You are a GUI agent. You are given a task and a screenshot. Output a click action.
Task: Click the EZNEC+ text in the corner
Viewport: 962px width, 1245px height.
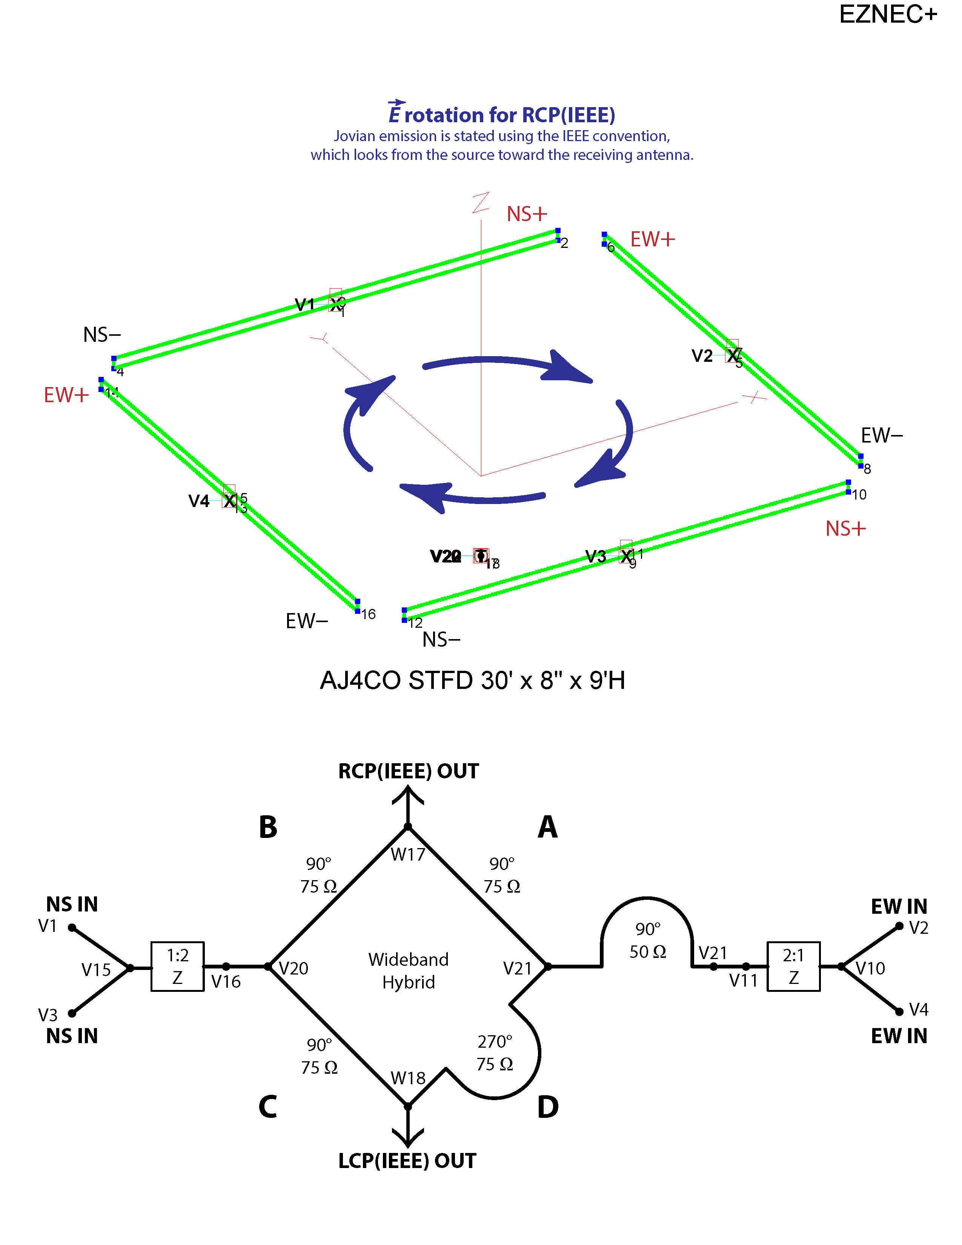coord(887,14)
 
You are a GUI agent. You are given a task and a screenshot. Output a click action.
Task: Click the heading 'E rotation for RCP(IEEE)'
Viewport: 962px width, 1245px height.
coord(501,114)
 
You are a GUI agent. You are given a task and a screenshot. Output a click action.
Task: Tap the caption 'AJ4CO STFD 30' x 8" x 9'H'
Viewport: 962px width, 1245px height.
coord(472,680)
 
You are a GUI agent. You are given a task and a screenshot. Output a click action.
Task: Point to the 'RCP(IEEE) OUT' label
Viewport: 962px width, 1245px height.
coord(408,771)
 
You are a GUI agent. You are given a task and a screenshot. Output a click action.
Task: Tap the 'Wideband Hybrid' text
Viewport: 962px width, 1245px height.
coord(408,970)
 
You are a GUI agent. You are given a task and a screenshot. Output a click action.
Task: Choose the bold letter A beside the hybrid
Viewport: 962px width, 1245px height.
coord(548,827)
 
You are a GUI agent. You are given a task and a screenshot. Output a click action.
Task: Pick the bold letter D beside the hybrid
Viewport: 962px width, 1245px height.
coord(548,1107)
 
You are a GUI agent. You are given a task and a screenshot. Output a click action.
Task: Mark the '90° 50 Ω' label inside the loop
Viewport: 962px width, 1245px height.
coord(647,940)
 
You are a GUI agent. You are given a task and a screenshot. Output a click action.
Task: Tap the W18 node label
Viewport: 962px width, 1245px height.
coord(408,1077)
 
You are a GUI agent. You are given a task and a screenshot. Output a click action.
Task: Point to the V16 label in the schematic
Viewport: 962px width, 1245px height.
coord(226,982)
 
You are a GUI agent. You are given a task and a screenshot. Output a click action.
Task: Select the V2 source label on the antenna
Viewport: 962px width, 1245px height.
coord(702,356)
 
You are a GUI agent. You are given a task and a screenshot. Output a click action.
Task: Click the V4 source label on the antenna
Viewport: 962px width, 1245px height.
coord(199,501)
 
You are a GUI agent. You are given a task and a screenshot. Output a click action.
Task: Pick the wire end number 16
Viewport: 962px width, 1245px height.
coord(369,614)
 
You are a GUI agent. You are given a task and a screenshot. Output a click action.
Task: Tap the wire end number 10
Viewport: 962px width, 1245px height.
coord(859,495)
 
